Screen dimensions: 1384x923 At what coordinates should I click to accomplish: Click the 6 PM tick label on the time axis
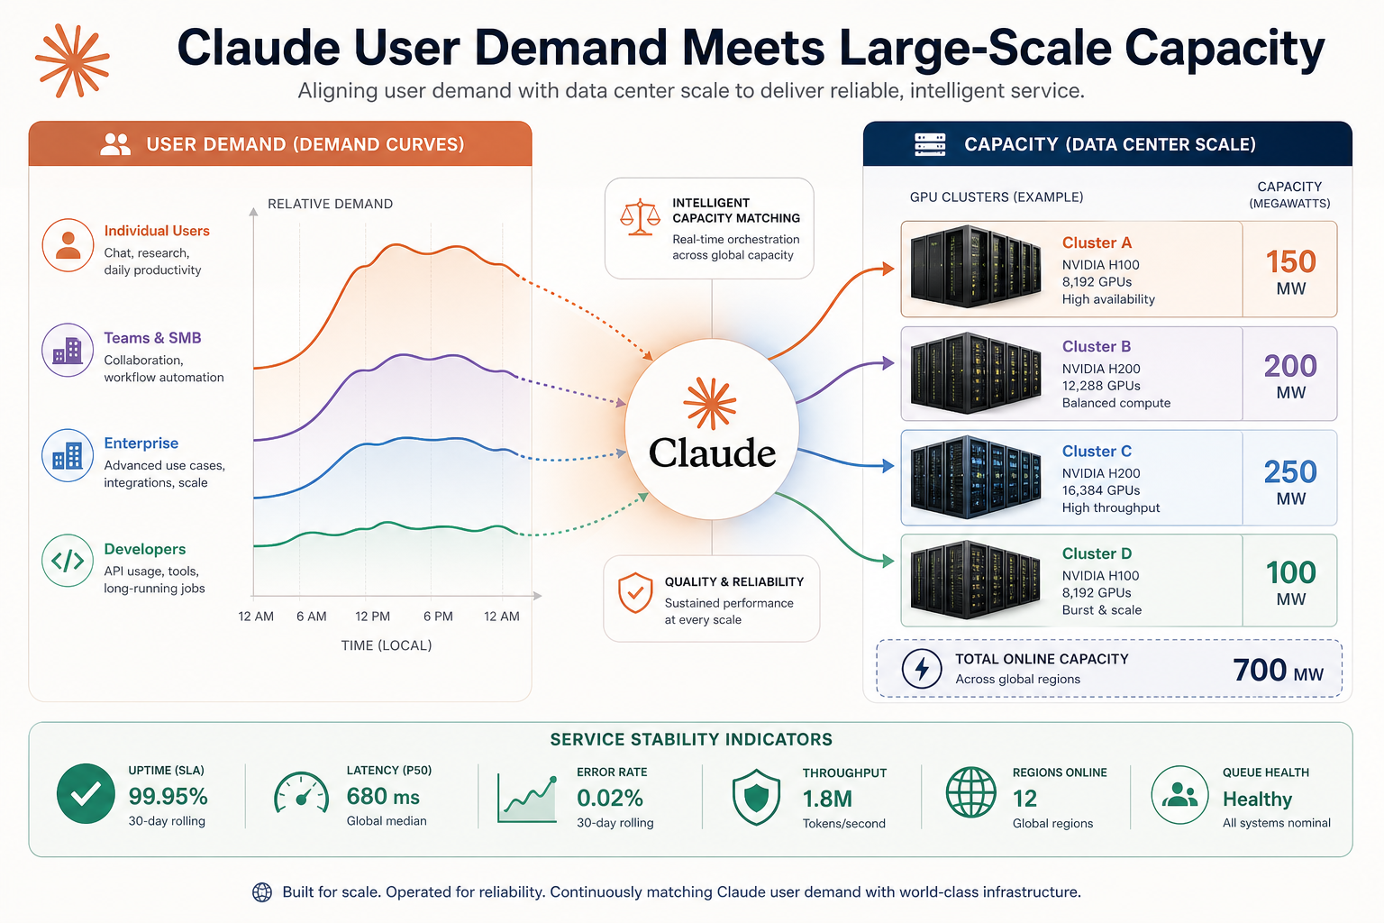point(438,617)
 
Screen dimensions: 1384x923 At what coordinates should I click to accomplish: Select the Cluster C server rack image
point(976,477)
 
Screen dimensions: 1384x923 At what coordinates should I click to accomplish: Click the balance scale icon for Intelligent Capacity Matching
point(640,217)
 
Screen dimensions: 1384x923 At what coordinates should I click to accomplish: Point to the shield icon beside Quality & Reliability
point(635,592)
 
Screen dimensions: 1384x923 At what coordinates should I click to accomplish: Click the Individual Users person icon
point(68,245)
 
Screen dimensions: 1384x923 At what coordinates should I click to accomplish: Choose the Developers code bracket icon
point(68,561)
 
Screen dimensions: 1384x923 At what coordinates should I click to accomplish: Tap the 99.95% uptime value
point(168,796)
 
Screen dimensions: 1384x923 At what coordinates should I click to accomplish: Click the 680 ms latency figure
point(383,796)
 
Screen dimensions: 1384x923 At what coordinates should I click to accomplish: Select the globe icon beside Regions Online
point(970,792)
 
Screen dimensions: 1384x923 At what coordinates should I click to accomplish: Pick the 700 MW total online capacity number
point(1278,670)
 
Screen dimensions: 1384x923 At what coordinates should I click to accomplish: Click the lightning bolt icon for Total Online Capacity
point(921,668)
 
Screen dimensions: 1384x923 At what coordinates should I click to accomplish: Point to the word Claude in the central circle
point(712,452)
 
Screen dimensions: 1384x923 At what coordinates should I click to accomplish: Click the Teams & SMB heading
point(152,337)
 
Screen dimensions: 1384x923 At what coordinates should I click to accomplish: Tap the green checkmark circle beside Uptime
point(86,794)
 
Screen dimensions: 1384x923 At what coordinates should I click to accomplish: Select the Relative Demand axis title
point(330,204)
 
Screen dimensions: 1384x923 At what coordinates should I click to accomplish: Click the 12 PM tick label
point(372,617)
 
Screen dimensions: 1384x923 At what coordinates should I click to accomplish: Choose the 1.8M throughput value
point(827,800)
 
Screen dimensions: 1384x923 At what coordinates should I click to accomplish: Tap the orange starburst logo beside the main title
point(73,60)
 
